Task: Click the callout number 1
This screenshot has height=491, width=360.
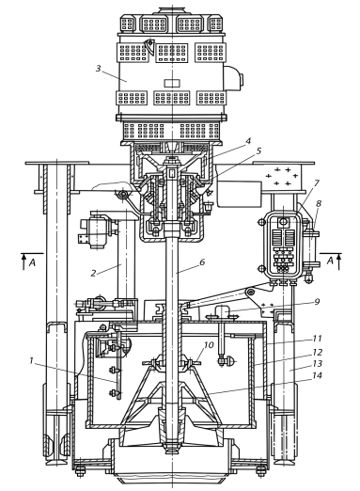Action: click(x=31, y=360)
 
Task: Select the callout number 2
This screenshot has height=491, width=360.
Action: click(x=93, y=273)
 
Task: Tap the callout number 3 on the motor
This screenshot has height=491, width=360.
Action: click(x=99, y=68)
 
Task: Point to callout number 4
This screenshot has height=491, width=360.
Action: click(x=248, y=141)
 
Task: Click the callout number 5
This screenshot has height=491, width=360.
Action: click(x=258, y=150)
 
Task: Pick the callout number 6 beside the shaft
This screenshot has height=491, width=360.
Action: click(x=202, y=261)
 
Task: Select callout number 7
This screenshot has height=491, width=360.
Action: click(x=317, y=182)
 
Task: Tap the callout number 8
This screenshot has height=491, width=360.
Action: click(x=319, y=203)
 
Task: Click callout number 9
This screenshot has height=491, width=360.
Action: click(x=317, y=302)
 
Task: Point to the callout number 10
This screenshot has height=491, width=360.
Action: click(x=209, y=345)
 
